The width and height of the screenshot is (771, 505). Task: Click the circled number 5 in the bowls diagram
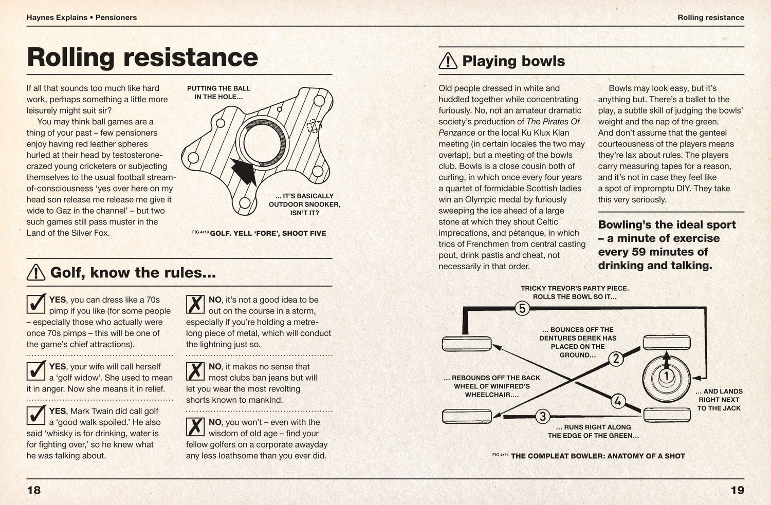pos(522,309)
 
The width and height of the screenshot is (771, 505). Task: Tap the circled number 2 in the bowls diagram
pos(616,359)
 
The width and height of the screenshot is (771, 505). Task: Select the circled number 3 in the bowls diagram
pos(543,416)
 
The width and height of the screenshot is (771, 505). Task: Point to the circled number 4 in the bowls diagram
pos(617,401)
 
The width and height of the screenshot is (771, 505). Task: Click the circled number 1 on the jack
pos(666,377)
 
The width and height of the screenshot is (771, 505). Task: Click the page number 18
pos(34,490)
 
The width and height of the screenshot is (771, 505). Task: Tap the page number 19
pos(737,490)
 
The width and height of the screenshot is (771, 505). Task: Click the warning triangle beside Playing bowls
pos(448,61)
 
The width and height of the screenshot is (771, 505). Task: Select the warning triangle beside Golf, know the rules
pos(36,272)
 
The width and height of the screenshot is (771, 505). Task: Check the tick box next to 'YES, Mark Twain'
pos(36,415)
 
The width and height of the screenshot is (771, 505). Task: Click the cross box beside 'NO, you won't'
pos(195,426)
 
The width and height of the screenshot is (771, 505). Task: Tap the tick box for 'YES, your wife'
pos(36,370)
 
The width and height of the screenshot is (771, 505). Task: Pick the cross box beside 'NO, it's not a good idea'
pos(195,304)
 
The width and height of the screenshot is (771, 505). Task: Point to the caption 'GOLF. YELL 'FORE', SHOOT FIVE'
pos(268,233)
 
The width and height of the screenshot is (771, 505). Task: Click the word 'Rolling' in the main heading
pos(70,57)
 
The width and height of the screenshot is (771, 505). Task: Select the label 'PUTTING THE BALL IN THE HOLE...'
pos(218,92)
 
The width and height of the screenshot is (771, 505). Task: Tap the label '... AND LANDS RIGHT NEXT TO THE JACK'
pos(719,400)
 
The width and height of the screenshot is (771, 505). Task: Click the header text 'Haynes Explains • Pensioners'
pos(82,17)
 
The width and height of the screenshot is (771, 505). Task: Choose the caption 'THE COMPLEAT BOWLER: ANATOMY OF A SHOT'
pos(598,456)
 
